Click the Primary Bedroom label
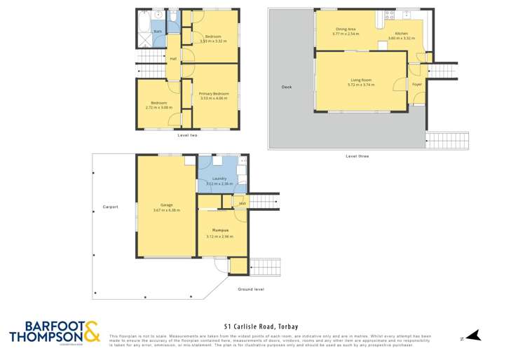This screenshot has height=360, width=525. pyautogui.click(x=214, y=94)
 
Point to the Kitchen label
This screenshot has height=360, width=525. pyautogui.click(x=401, y=34)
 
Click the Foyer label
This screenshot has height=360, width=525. pyautogui.click(x=417, y=85)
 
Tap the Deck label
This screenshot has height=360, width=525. pyautogui.click(x=286, y=87)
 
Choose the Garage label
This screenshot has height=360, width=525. pyautogui.click(x=166, y=206)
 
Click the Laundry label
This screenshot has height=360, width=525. pyautogui.click(x=219, y=179)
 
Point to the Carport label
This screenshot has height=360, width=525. pyautogui.click(x=110, y=207)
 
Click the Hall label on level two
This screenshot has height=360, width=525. pyautogui.click(x=173, y=59)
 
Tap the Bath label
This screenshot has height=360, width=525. pyautogui.click(x=158, y=32)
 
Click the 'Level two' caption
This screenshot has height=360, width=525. pyautogui.click(x=187, y=134)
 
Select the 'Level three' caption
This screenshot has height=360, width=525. pyautogui.click(x=357, y=156)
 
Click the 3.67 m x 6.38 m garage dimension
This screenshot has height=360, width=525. pyautogui.click(x=166, y=211)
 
